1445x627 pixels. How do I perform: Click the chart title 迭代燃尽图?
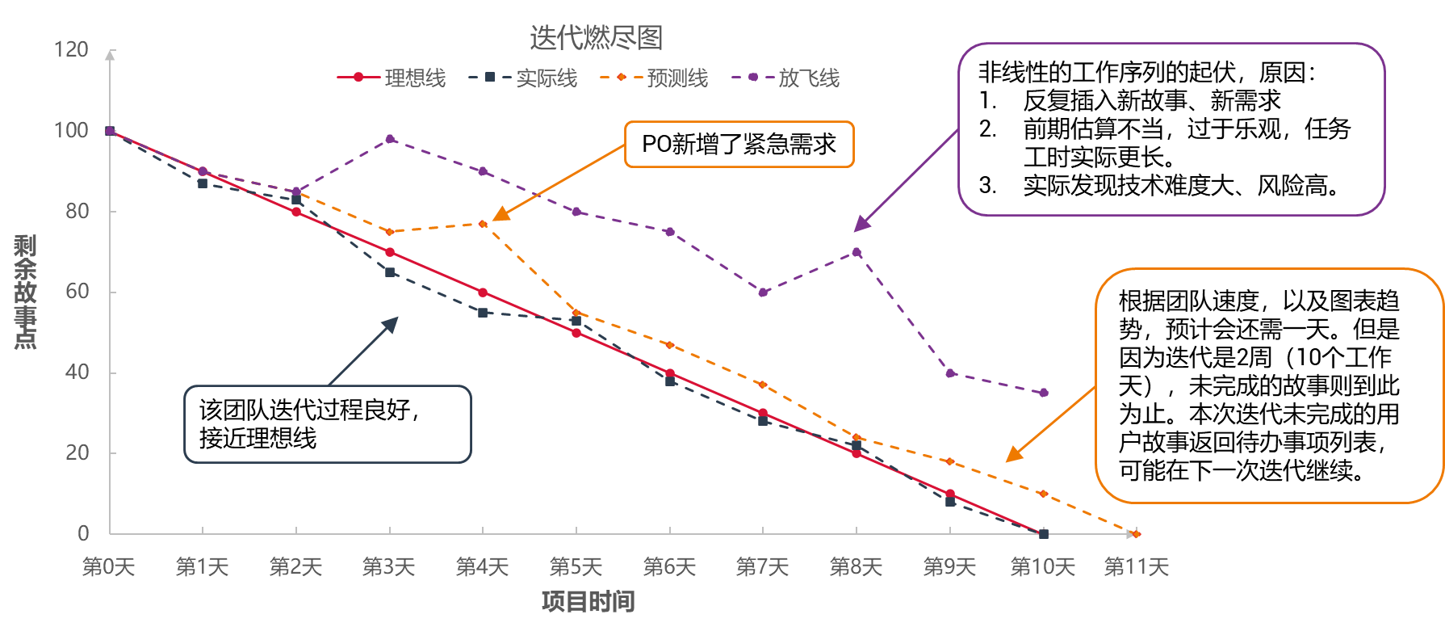pyautogui.click(x=596, y=37)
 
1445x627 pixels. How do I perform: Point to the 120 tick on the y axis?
pyautogui.click(x=71, y=49)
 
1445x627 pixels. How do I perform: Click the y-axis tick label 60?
pyautogui.click(x=77, y=292)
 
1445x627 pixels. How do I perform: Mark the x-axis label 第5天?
pyautogui.click(x=576, y=567)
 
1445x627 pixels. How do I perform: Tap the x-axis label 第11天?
pyautogui.click(x=1136, y=567)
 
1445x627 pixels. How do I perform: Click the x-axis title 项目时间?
pyautogui.click(x=588, y=602)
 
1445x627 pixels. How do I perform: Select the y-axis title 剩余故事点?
pyautogui.click(x=25, y=292)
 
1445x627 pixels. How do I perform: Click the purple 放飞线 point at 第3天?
pyautogui.click(x=390, y=139)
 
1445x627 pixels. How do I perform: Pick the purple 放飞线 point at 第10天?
pyautogui.click(x=1044, y=393)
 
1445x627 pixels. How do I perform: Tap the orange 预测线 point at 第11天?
pyautogui.click(x=1137, y=534)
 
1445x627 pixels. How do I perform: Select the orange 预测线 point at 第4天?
pyautogui.click(x=483, y=224)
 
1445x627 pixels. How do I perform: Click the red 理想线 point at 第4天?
pyautogui.click(x=483, y=292)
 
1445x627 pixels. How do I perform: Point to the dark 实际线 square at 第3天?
pyautogui.click(x=390, y=272)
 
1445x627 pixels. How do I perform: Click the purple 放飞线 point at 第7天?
pyautogui.click(x=763, y=292)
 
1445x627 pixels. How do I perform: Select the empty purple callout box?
pyautogui.click(x=1171, y=129)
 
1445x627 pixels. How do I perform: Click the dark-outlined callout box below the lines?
pyautogui.click(x=327, y=424)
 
